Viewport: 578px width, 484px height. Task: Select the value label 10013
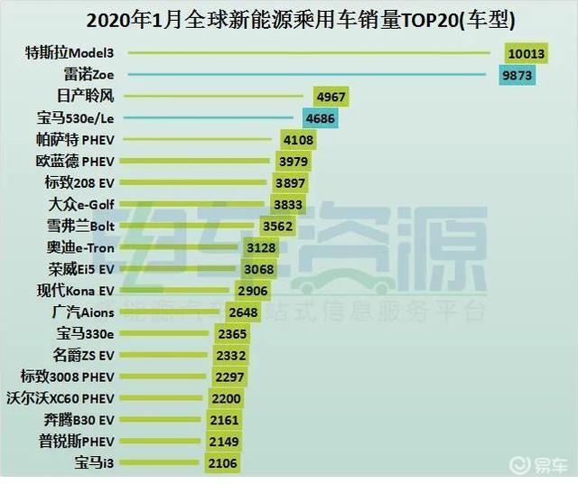click(x=525, y=53)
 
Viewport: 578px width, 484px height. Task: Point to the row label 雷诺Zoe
click(x=86, y=75)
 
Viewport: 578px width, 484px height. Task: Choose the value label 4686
click(x=320, y=118)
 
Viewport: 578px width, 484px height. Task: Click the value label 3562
click(x=277, y=227)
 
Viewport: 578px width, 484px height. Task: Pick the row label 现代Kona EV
click(x=76, y=291)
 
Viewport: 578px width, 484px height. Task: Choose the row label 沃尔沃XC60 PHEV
click(x=60, y=398)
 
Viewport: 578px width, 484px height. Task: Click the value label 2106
click(x=221, y=463)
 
